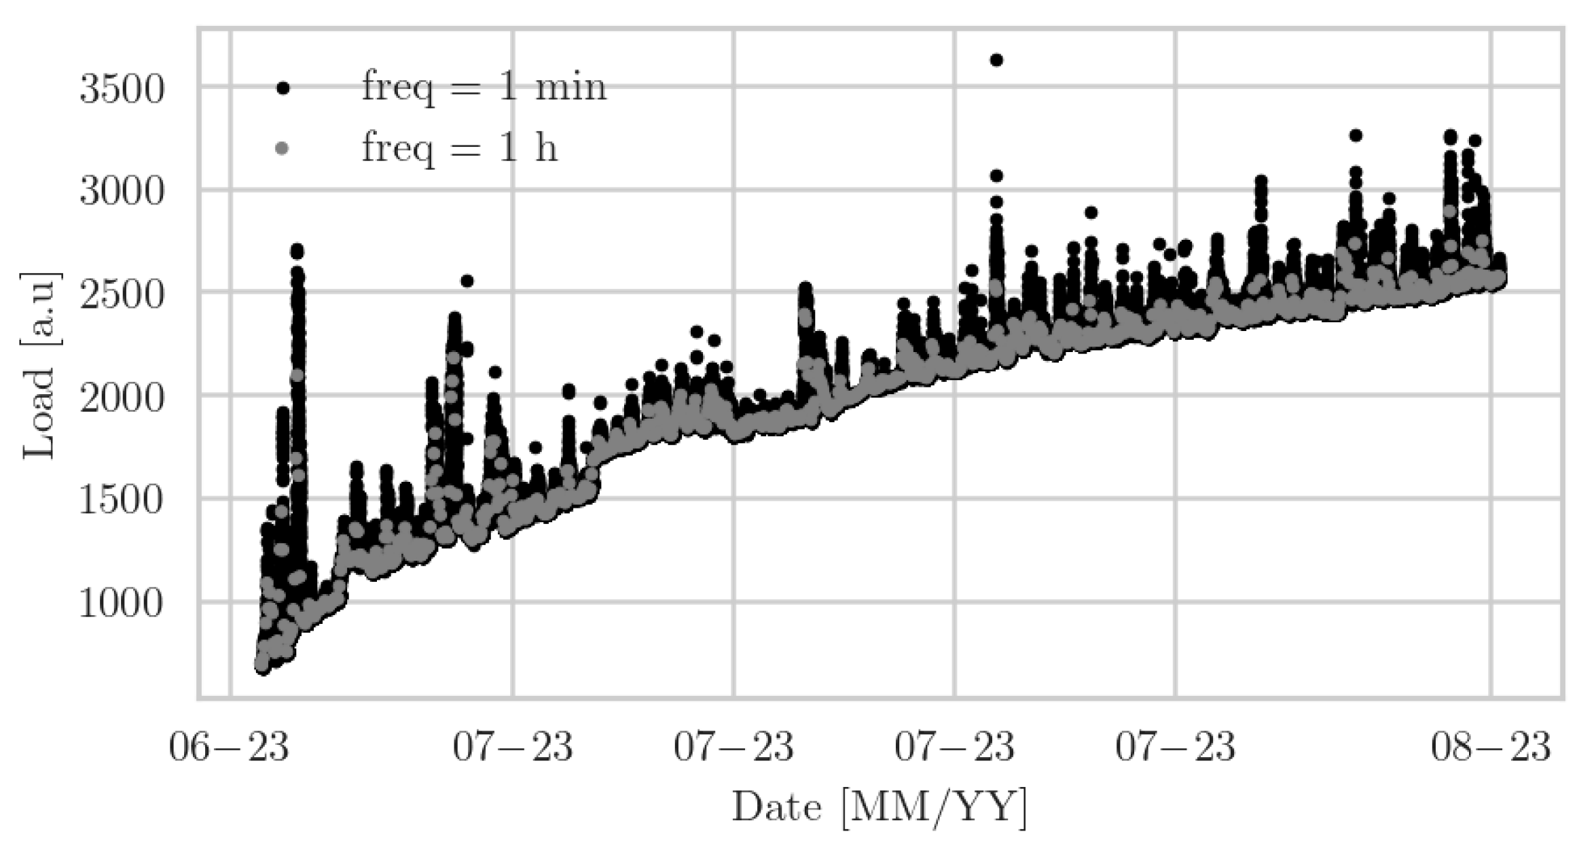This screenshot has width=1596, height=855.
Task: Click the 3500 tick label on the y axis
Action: pos(122,89)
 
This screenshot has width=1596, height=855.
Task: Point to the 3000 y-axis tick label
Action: pos(122,192)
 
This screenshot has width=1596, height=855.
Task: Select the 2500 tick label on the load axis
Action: pos(122,295)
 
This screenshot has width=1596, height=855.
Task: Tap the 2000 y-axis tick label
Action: pos(122,398)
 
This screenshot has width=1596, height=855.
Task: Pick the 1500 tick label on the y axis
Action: pos(122,502)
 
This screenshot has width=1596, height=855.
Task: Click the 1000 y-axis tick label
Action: pos(122,604)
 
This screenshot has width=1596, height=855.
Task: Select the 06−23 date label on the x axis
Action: pos(229,748)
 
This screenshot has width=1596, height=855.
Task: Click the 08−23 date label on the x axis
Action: pos(1491,748)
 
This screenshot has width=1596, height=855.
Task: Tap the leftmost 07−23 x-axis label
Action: pos(513,748)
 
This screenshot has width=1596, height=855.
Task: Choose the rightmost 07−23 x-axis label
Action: pos(1175,748)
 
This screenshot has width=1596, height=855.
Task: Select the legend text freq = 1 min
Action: pos(484,87)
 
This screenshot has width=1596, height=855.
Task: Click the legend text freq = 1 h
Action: pos(459,147)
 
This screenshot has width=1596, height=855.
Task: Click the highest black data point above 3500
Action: pos(996,60)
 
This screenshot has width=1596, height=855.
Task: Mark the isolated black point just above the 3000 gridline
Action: pos(996,176)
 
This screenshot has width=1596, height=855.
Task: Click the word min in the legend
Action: pos(570,87)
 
